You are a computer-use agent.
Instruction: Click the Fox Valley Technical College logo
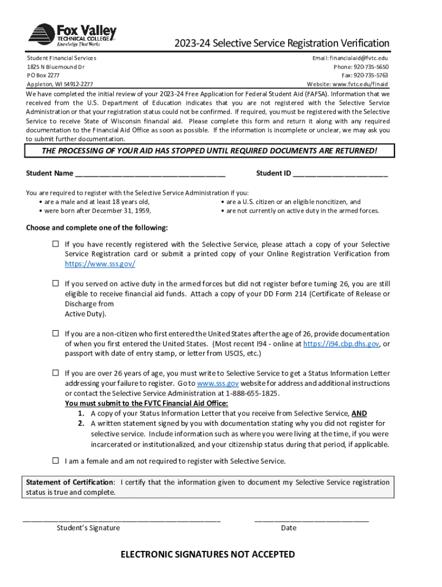tap(72, 36)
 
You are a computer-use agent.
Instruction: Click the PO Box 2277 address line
tap(44, 75)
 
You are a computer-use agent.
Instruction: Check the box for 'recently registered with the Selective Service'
tap(56, 244)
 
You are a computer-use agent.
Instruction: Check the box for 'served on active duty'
tap(56, 283)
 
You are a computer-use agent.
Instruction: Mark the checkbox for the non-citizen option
tap(56, 333)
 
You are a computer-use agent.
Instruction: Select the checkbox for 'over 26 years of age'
tap(56, 373)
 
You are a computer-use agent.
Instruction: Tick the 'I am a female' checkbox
tap(56, 460)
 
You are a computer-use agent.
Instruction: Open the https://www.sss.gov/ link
tap(100, 264)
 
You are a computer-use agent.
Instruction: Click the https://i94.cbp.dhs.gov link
tap(340, 343)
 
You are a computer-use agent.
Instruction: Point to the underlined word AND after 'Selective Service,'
tap(359, 413)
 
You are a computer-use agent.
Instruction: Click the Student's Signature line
tap(121, 519)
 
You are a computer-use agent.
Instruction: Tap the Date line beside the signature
tap(311, 519)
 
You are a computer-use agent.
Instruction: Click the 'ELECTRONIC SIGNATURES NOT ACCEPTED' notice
tap(207, 554)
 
